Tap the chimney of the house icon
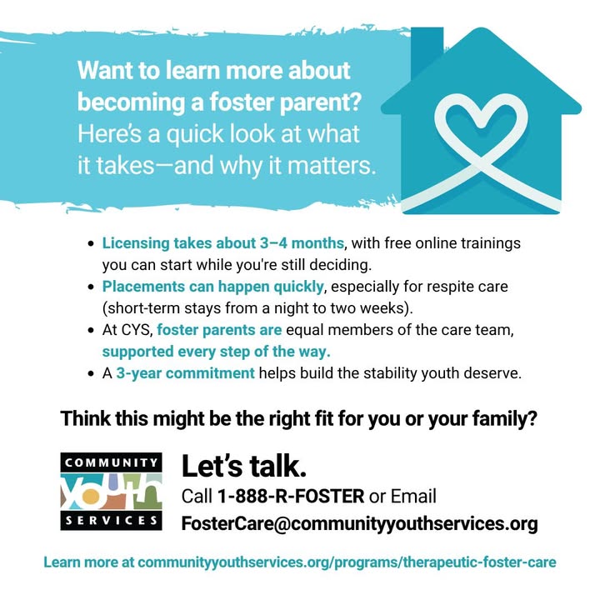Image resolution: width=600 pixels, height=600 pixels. [x=427, y=50]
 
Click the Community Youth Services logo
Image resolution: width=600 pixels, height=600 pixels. [x=112, y=492]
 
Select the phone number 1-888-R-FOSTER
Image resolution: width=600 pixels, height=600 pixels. [x=291, y=497]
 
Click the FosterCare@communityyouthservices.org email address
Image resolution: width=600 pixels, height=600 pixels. [x=360, y=523]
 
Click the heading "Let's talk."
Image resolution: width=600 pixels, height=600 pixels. [x=244, y=467]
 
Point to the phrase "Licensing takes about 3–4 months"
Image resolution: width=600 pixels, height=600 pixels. [x=222, y=243]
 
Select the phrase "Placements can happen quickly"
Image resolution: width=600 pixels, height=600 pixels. [x=212, y=287]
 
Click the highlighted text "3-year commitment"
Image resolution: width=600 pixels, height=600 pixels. [x=185, y=373]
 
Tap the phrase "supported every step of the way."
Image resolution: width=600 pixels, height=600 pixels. [x=216, y=352]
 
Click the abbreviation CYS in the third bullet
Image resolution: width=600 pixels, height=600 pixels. [x=137, y=330]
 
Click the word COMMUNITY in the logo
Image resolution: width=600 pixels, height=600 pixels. [x=112, y=462]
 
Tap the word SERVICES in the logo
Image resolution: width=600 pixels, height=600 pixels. [x=112, y=520]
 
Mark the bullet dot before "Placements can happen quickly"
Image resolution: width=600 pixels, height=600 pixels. [x=91, y=287]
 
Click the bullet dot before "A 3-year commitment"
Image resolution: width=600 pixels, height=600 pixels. [x=91, y=373]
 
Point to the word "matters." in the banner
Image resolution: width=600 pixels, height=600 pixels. [x=332, y=166]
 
